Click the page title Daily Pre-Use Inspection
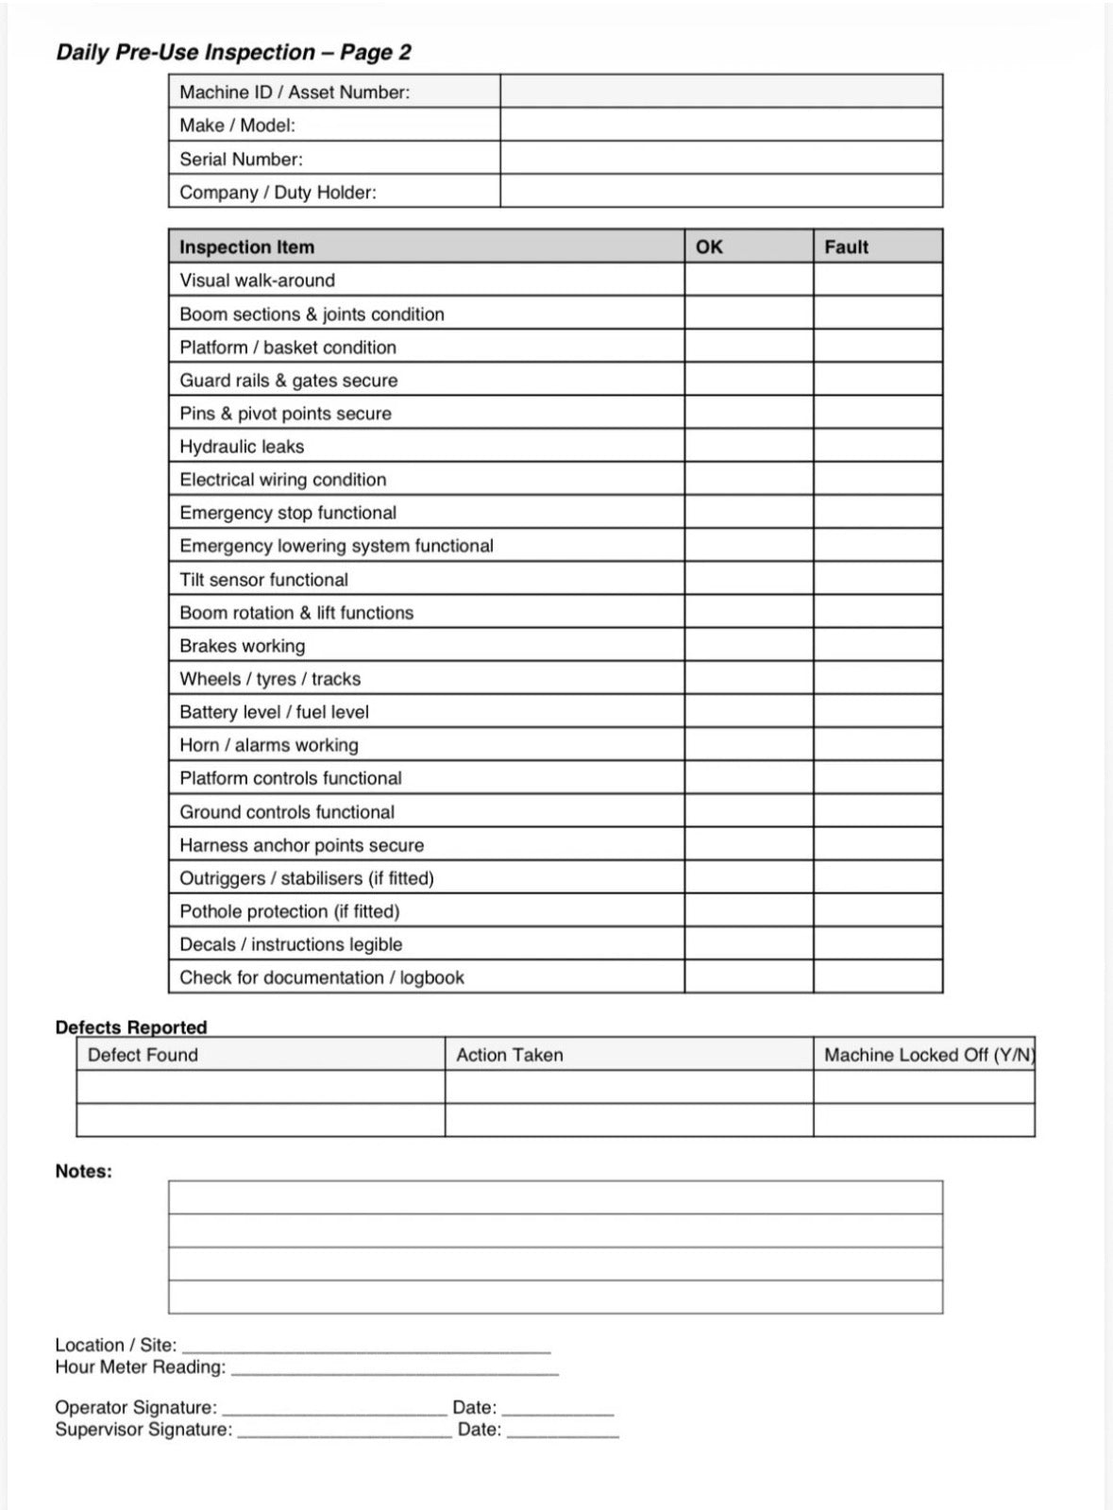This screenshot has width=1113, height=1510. tap(233, 52)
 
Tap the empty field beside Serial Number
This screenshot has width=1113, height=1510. tap(720, 159)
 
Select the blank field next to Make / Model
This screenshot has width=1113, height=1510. tap(720, 125)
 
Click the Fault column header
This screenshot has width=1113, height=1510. tap(846, 246)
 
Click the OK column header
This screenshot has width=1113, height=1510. tap(709, 246)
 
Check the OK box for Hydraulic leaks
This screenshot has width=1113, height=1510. tap(748, 446)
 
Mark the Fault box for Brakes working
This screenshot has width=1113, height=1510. tap(877, 645)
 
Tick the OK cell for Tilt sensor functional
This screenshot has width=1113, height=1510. tap(748, 579)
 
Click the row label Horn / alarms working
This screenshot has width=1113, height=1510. tap(269, 745)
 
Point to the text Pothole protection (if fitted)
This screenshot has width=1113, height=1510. tap(290, 911)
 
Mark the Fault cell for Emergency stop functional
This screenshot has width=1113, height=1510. tap(877, 512)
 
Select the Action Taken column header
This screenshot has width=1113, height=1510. tap(510, 1055)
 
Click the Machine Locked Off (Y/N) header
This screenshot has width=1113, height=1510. tap(928, 1055)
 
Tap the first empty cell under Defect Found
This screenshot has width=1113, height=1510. tap(260, 1087)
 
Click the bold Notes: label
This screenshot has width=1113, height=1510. tap(83, 1171)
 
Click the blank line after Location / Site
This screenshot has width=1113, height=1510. tap(365, 1347)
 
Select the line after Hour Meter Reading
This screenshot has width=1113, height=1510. tap(394, 1368)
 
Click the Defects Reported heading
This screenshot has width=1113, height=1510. tap(130, 1026)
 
